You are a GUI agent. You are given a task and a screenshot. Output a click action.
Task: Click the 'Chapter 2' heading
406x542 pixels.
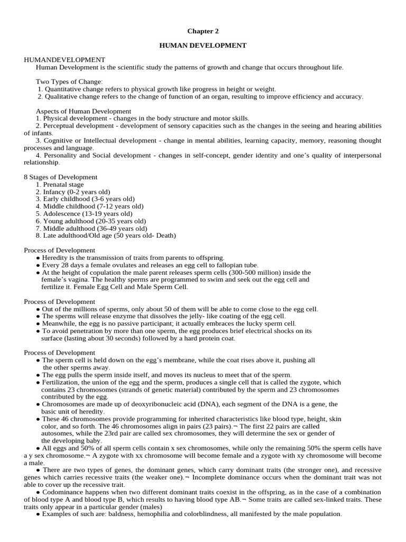pos(203,31)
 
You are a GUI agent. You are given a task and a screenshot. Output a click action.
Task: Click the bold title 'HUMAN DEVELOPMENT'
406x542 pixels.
pos(203,46)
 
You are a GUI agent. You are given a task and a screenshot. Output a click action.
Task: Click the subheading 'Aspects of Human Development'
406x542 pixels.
pos(83,111)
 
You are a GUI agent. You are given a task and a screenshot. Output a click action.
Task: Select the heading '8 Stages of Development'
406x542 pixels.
pos(61,177)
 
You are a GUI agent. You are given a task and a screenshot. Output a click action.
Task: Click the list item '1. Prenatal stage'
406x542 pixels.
pos(60,184)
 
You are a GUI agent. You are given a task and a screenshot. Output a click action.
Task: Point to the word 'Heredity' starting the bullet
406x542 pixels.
pos(54,257)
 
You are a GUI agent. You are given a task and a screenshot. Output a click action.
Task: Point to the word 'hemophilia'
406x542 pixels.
pos(152,514)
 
